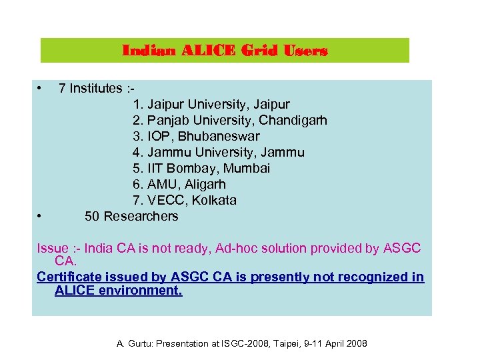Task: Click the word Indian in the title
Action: (x=140, y=51)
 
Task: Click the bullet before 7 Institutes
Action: (x=40, y=88)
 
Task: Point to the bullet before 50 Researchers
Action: (x=40, y=216)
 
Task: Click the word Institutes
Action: (x=96, y=88)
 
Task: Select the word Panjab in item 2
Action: (x=167, y=121)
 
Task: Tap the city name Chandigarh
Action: (x=293, y=121)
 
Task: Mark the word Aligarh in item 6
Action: (x=203, y=185)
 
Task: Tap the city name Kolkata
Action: (x=212, y=201)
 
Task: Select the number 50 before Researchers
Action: (x=93, y=216)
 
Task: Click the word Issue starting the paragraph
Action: (x=53, y=249)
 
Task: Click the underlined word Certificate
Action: (x=69, y=277)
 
